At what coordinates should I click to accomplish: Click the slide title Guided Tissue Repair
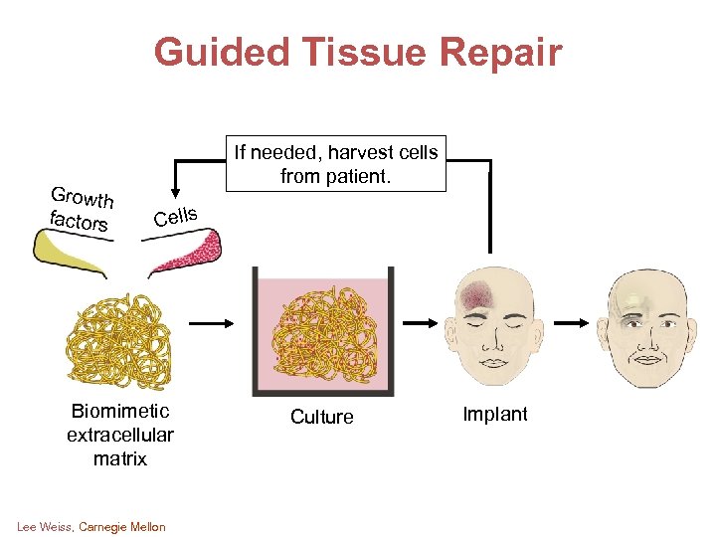pyautogui.click(x=358, y=52)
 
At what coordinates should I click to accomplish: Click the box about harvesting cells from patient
pyautogui.click(x=334, y=164)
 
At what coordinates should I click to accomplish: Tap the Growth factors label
pyautogui.click(x=81, y=208)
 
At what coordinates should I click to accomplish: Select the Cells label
pyautogui.click(x=176, y=215)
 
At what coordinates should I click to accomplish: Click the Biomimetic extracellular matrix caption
pyautogui.click(x=119, y=435)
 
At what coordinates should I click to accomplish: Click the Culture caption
pyautogui.click(x=321, y=417)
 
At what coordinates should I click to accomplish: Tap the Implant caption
pyautogui.click(x=495, y=415)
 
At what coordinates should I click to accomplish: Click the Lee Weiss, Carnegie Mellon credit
pyautogui.click(x=91, y=526)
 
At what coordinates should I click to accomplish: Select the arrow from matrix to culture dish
pyautogui.click(x=211, y=323)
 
